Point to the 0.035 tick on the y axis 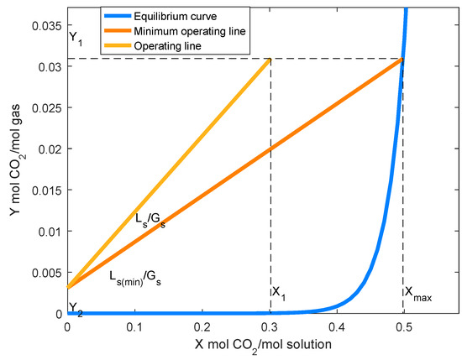pos(49,25)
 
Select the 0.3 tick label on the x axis pos(269,327)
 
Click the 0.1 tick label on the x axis pos(134,327)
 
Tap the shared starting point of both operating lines pos(68,288)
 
